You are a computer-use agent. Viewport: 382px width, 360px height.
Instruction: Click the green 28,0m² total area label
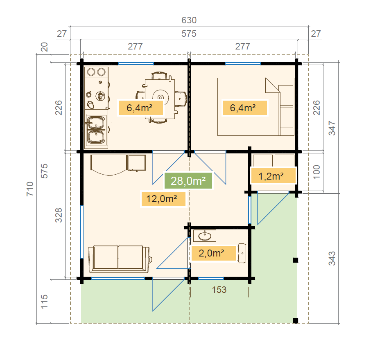pyautogui.click(x=188, y=181)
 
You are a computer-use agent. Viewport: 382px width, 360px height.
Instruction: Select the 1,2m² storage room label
pyautogui.click(x=273, y=176)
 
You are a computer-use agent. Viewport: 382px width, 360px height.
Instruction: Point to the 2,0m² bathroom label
pyautogui.click(x=213, y=253)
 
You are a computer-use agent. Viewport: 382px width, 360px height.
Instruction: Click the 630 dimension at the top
pyautogui.click(x=189, y=20)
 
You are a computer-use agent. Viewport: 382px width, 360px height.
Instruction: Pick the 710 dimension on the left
pyautogui.click(x=30, y=189)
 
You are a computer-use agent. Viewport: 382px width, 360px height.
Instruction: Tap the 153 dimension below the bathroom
pyautogui.click(x=219, y=290)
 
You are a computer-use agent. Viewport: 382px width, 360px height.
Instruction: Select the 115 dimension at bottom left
pyautogui.click(x=44, y=302)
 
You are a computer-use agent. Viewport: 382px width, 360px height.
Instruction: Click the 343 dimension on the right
pyautogui.click(x=332, y=259)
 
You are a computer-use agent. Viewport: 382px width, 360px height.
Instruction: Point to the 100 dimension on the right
pyautogui.click(x=316, y=172)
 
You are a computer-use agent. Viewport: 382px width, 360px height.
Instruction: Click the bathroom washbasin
pyautogui.click(x=205, y=236)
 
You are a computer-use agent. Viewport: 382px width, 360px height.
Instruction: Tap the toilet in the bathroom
pyautogui.click(x=242, y=253)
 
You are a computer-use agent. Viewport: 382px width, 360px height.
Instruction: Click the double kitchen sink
pyautogui.click(x=96, y=130)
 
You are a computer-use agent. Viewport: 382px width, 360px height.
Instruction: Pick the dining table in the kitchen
pyautogui.click(x=160, y=99)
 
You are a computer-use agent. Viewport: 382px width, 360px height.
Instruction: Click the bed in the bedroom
pyautogui.click(x=256, y=107)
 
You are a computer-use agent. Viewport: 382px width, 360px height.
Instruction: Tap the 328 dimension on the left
pyautogui.click(x=59, y=216)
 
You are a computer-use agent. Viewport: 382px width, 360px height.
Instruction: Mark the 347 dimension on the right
pyautogui.click(x=332, y=128)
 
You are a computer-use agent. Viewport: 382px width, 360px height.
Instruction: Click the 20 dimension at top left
pyautogui.click(x=44, y=47)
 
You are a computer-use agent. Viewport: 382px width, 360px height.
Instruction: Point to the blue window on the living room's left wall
pyautogui.click(x=82, y=232)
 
